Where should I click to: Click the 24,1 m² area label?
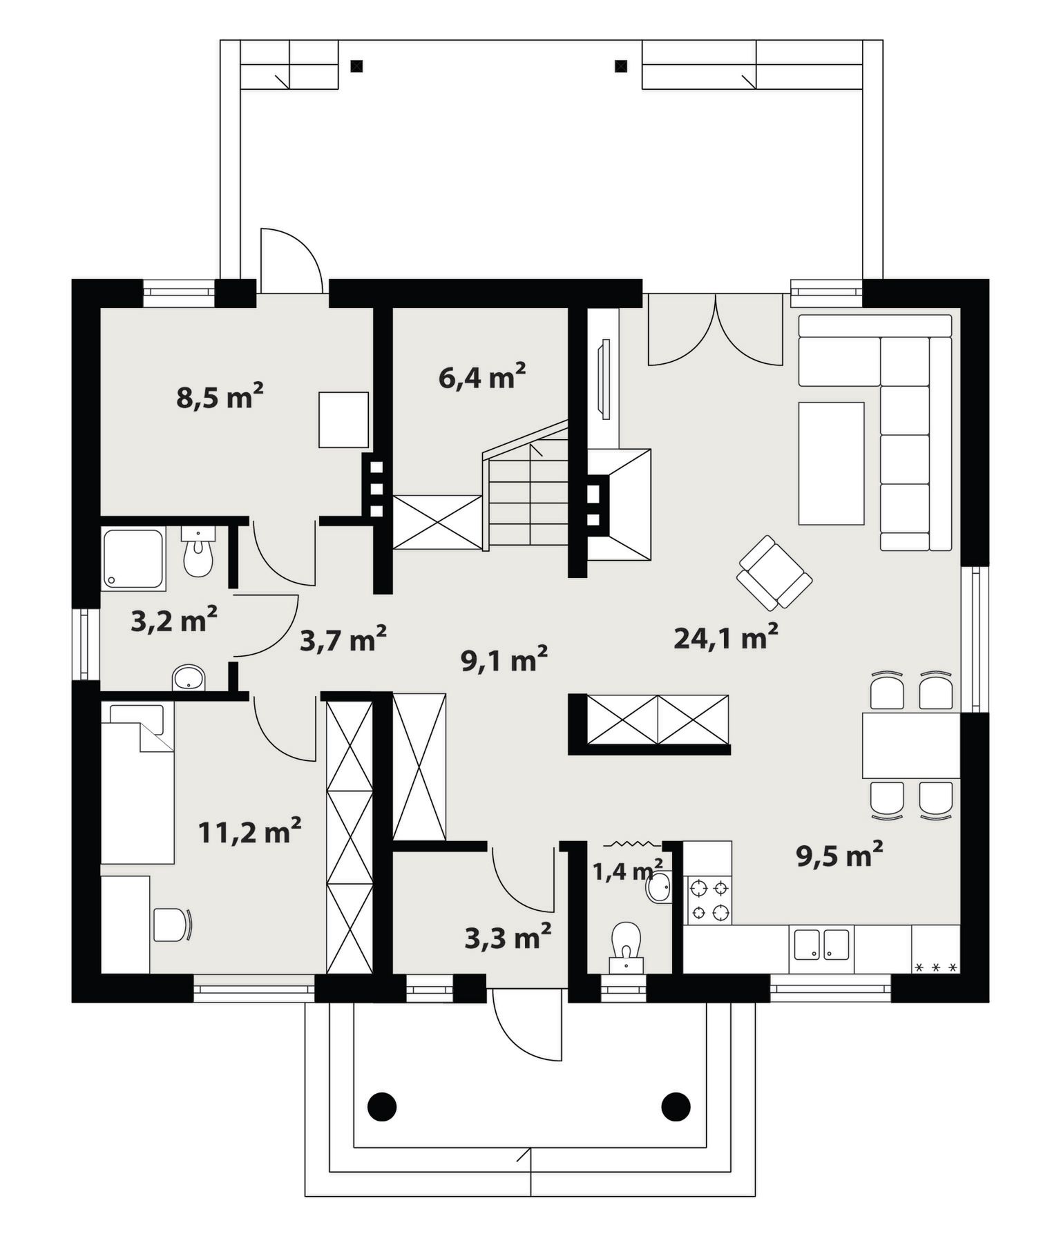726,637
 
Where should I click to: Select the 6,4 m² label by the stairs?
482,376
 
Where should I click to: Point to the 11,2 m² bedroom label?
249,831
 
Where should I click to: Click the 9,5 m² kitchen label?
839,855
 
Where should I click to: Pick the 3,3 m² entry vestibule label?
508,937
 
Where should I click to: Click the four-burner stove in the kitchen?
709,900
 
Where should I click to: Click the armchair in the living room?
774,572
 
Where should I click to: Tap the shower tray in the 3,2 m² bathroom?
133,559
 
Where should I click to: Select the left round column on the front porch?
381,1107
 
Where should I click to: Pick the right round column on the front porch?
676,1107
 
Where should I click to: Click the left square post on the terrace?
356,66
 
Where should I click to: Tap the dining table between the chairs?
911,746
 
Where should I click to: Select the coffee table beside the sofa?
832,463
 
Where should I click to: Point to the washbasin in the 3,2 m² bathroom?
189,677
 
